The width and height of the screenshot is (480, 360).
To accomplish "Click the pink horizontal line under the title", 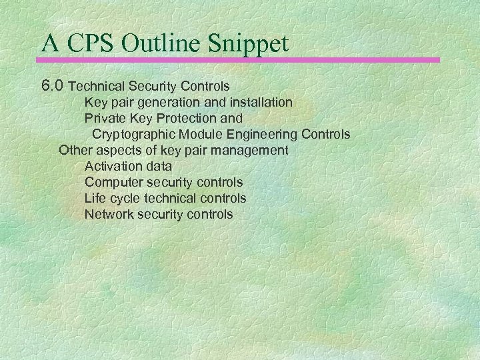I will pos(240,60).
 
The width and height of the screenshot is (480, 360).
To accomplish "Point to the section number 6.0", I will pos(53,86).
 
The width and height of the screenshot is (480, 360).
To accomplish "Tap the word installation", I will pos(259,103).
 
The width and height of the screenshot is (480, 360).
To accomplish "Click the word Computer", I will pos(113,182).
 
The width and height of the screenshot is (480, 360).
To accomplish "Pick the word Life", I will pos(95,198).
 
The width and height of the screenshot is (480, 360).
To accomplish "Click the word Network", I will pos(109,214).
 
